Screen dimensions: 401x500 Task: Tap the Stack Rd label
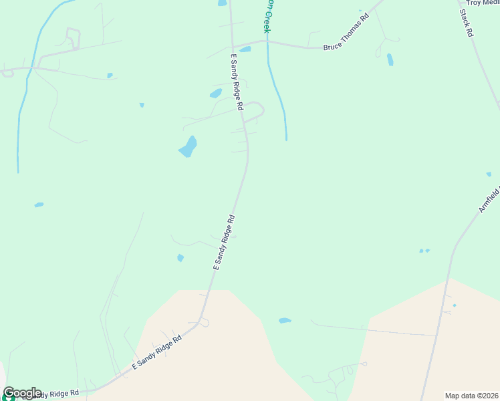pos(466,22)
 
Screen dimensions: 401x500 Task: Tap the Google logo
pos(21,393)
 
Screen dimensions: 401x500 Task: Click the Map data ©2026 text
pos(471,396)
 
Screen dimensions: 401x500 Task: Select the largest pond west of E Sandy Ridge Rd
pos(188,146)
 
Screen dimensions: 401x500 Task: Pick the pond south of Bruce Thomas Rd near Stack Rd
pos(390,59)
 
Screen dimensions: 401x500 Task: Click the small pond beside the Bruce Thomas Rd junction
pos(245,49)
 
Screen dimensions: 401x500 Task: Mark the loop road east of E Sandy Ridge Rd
pos(255,111)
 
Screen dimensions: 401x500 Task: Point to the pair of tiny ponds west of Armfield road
pos(424,251)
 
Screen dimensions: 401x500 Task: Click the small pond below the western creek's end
pos(39,205)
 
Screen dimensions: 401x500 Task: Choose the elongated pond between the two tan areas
pos(285,321)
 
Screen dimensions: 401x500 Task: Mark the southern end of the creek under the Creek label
pos(286,138)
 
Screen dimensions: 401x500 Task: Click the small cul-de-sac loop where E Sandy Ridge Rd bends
pos(203,323)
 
